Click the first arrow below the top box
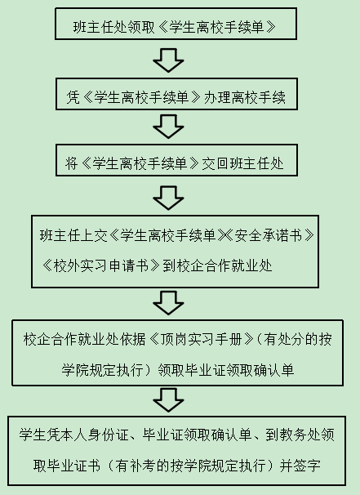168,60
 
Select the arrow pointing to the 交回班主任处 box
168,127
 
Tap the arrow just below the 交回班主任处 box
168,198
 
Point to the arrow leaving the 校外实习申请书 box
168,303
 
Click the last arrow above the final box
168,400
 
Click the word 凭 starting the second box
73,97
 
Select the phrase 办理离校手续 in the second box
245,97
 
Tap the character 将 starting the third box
72,163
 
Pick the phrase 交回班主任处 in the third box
242,163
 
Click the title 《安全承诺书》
269,235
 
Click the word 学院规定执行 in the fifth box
103,370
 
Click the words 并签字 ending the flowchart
300,466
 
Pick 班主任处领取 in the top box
114,27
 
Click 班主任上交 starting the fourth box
73,235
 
